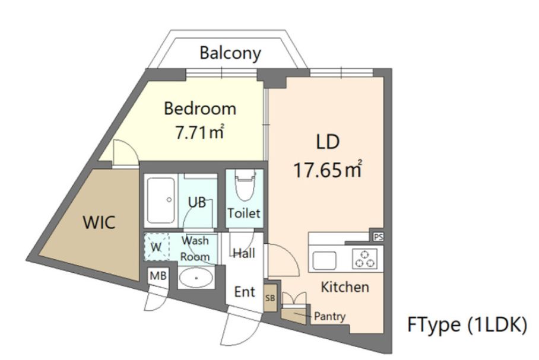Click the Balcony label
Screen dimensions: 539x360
pyautogui.click(x=230, y=53)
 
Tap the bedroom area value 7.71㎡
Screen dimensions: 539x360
pyautogui.click(x=199, y=132)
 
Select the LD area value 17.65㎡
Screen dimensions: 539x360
pyautogui.click(x=327, y=169)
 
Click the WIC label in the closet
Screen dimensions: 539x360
pyautogui.click(x=99, y=222)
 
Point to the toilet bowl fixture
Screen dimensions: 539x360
pyautogui.click(x=245, y=184)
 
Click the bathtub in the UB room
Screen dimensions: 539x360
pyautogui.click(x=160, y=200)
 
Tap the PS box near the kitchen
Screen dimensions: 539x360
pyautogui.click(x=378, y=237)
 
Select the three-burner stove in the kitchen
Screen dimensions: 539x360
pyautogui.click(x=364, y=259)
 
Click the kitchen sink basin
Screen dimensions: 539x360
pyautogui.click(x=324, y=261)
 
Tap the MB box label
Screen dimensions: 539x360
pyautogui.click(x=158, y=276)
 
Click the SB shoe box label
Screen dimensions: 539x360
pyautogui.click(x=270, y=298)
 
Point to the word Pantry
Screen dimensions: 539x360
pyautogui.click(x=329, y=316)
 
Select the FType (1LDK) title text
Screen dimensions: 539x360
pyautogui.click(x=467, y=324)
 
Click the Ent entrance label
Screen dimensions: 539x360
pyautogui.click(x=245, y=292)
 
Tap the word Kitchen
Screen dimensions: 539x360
pyautogui.click(x=345, y=287)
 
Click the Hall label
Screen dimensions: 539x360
pyautogui.click(x=244, y=253)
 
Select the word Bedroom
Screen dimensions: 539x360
pyautogui.click(x=199, y=109)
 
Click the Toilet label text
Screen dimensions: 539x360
pyautogui.click(x=244, y=214)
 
